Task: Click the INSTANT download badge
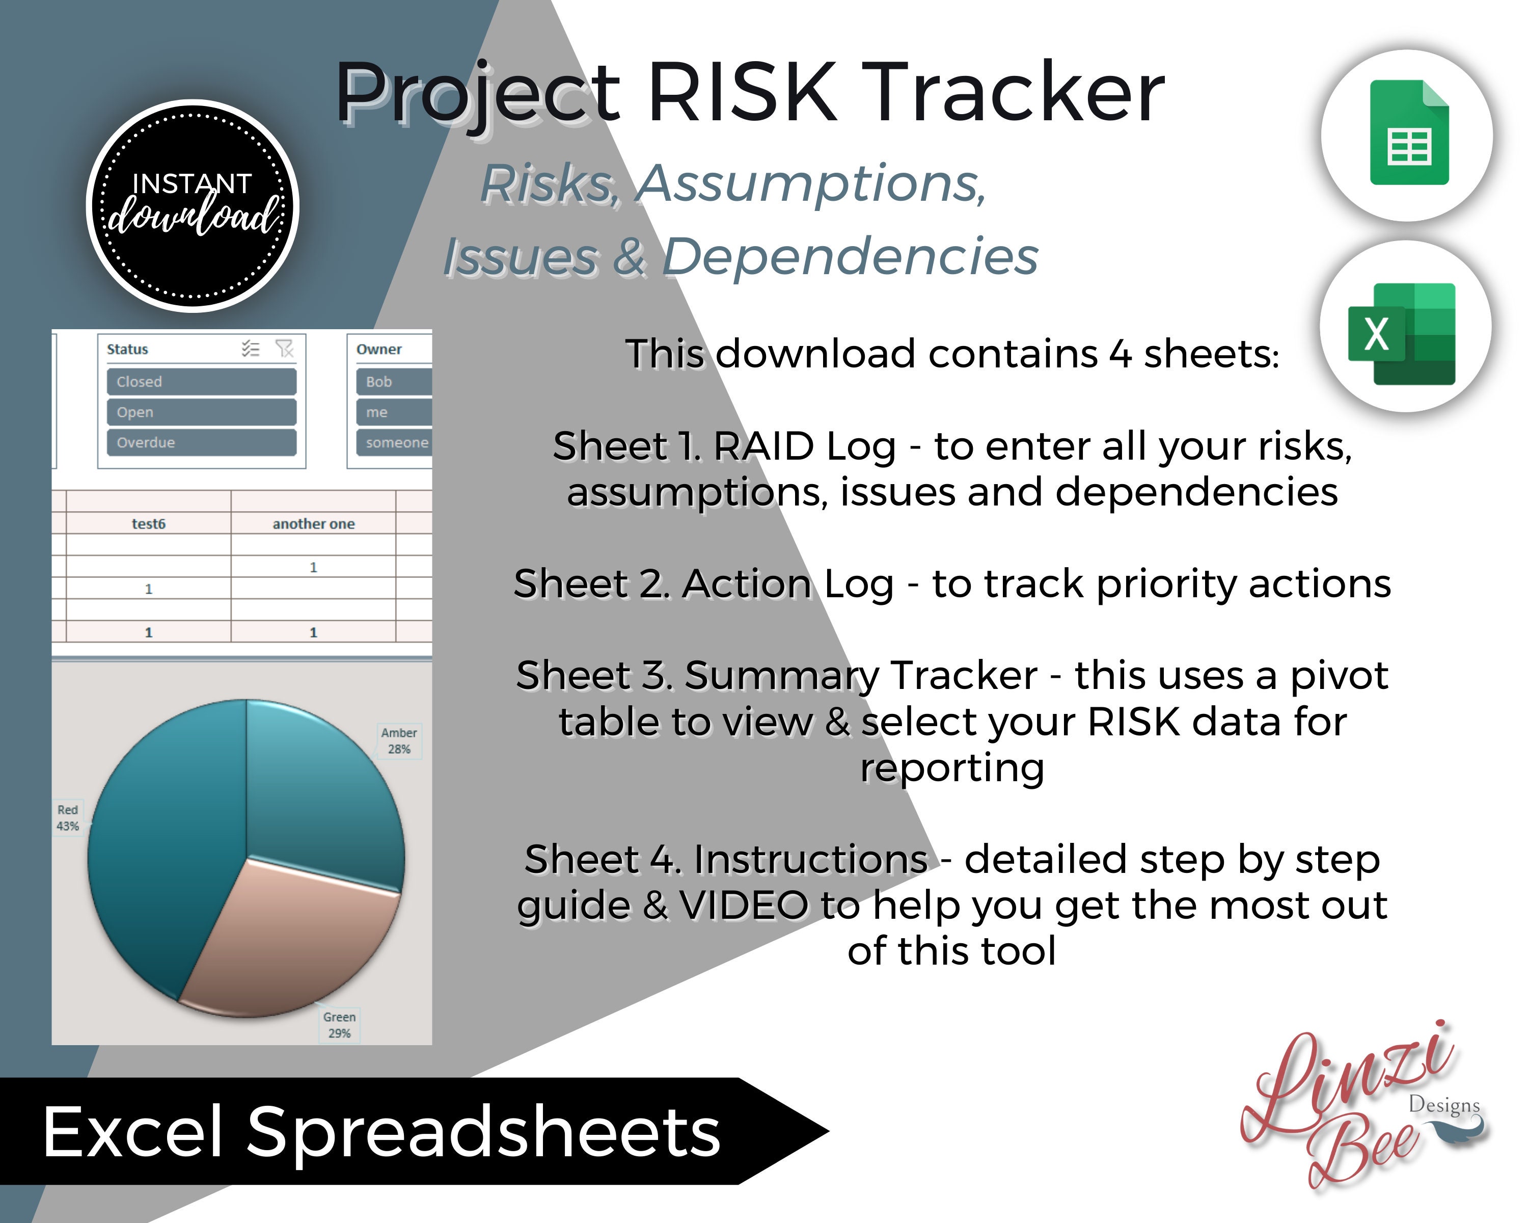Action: [193, 205]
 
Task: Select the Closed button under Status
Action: [201, 382]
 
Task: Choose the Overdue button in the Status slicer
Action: [201, 442]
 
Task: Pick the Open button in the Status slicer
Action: [201, 412]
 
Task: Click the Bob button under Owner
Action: [393, 382]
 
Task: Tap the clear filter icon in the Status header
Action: [284, 348]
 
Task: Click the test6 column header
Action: [149, 524]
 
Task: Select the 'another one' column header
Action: [313, 524]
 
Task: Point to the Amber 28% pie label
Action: [399, 741]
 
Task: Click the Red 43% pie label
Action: [68, 817]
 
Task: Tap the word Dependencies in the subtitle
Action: [849, 257]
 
